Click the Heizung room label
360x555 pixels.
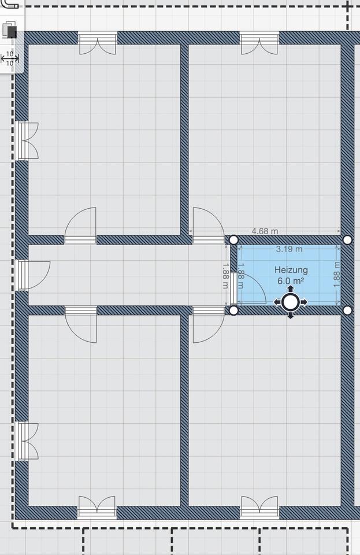[x=291, y=270]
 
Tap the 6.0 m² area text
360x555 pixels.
[x=291, y=281]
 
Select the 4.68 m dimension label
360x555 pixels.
[x=265, y=231]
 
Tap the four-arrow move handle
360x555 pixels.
[x=290, y=302]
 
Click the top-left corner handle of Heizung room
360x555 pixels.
[x=233, y=239]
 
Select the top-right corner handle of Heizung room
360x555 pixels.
[x=347, y=239]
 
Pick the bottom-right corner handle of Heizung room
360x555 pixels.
[x=347, y=310]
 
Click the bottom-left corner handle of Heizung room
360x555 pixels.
[x=233, y=310]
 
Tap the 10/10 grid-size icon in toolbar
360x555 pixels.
[x=10, y=58]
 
